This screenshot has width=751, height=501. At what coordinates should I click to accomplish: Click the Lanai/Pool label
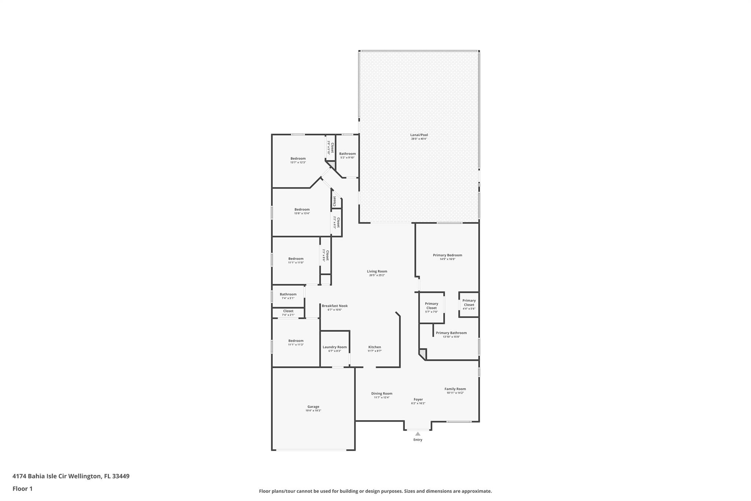pos(419,135)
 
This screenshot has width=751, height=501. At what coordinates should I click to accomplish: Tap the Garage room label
pos(313,407)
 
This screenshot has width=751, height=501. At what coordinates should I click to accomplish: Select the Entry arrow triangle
pos(418,434)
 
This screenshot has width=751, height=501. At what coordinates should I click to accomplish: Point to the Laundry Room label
pos(334,347)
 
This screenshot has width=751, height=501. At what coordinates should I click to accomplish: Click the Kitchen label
pos(374,347)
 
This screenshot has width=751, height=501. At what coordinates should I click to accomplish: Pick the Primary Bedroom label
pos(447,255)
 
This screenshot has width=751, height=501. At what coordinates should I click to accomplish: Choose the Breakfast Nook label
pos(334,306)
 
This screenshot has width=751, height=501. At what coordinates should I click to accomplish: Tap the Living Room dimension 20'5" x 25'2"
pos(377,275)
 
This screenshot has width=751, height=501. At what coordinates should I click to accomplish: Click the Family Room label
pos(455,389)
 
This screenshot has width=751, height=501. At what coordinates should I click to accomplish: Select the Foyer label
pos(418,399)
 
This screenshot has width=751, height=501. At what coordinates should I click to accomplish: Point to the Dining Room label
pos(382,393)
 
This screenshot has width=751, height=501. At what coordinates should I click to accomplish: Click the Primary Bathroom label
pos(451,333)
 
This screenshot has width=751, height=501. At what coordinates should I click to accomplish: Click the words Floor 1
pos(22,489)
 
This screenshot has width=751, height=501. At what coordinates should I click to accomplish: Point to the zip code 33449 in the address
pos(121,476)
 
